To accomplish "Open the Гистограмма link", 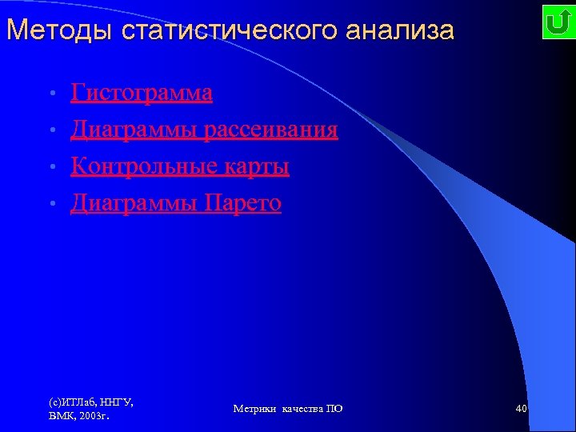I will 142,94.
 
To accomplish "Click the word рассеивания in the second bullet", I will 270,130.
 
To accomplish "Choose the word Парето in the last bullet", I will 243,203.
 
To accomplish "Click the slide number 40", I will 521,409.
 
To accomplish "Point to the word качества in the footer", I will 301,409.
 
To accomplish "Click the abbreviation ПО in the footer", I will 334,409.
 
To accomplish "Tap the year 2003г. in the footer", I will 94,416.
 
